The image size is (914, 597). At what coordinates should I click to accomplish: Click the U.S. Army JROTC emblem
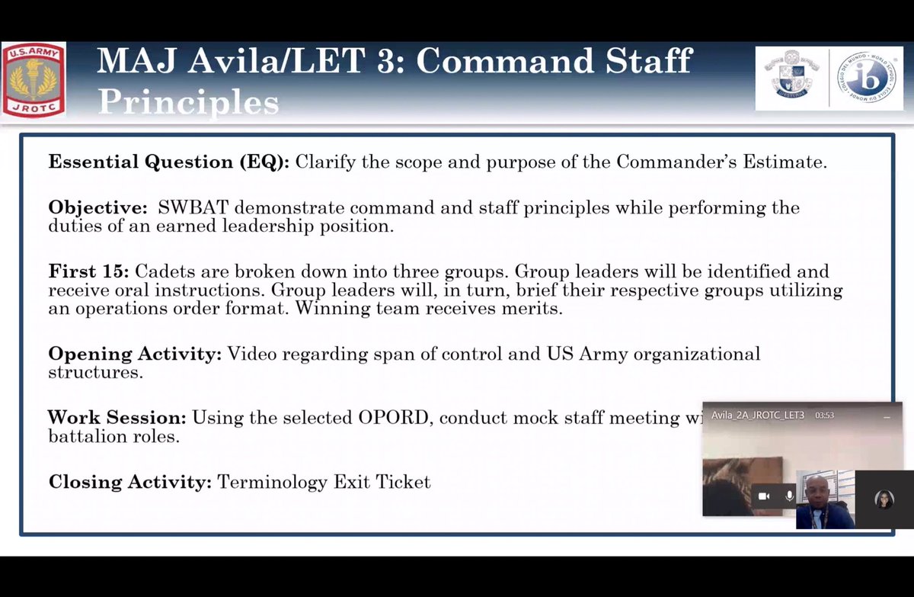(x=34, y=79)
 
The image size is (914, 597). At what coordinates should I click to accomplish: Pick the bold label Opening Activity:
(x=135, y=354)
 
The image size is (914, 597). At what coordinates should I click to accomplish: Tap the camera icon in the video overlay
(x=764, y=496)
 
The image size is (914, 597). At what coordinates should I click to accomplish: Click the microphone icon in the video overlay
(x=789, y=496)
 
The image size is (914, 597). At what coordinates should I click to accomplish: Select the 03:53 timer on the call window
(x=825, y=416)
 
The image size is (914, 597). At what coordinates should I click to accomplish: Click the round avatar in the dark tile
(x=884, y=499)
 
